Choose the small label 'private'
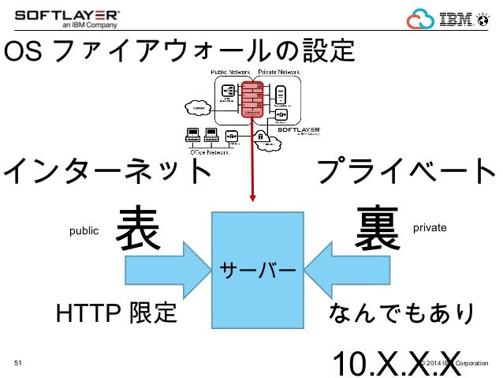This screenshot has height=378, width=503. click(x=430, y=227)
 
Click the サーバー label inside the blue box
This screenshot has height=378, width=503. click(x=257, y=269)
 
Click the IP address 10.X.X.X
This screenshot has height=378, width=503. click(x=397, y=362)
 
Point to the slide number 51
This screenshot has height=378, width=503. click(x=20, y=364)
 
